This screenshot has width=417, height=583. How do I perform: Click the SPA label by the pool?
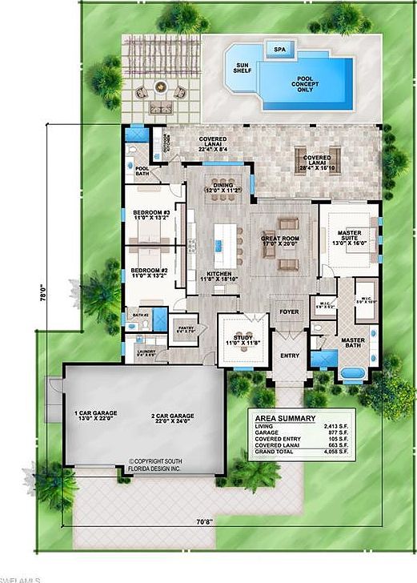[279, 50]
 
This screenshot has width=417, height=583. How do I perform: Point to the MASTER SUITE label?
[349, 237]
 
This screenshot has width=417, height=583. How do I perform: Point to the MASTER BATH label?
[354, 343]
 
